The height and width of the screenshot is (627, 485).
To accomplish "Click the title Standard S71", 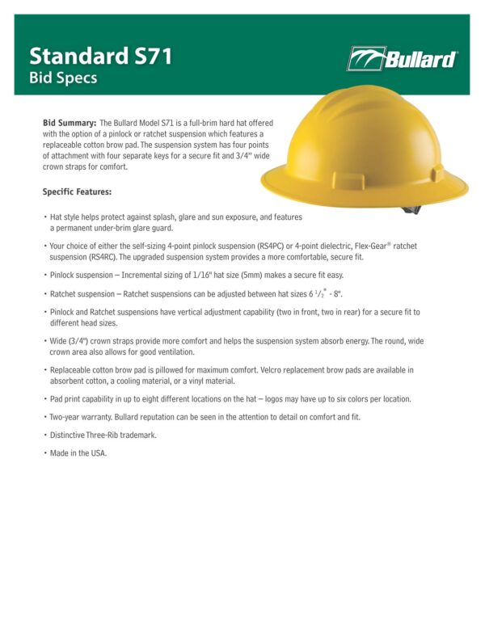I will point(100,57).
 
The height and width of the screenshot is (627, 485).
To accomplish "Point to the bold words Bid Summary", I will point(70,122).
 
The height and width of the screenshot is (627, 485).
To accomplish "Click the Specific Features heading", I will point(77,192).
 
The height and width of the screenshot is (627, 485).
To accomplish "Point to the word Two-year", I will point(67,417).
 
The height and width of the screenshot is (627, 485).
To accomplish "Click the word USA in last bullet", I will point(98,453).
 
